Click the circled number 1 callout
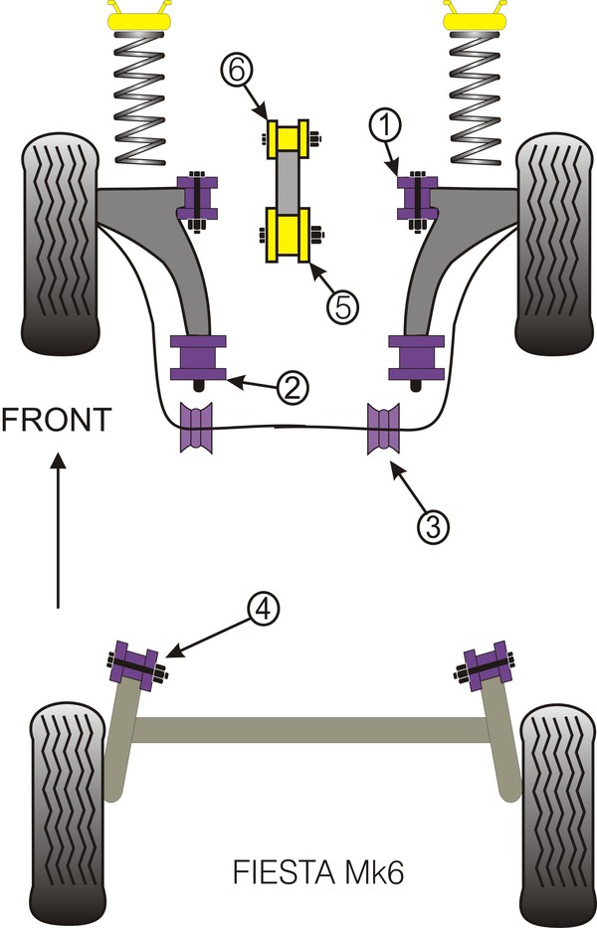pyautogui.click(x=387, y=126)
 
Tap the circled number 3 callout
pyautogui.click(x=431, y=526)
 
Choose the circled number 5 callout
pyautogui.click(x=341, y=306)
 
